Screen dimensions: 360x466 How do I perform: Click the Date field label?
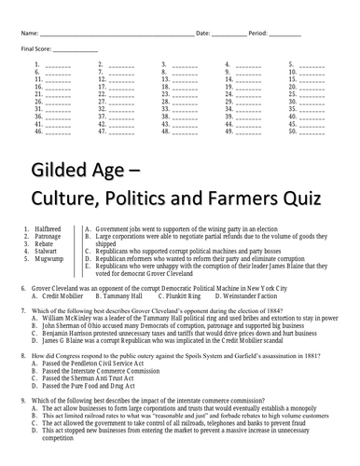coord(203,34)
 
